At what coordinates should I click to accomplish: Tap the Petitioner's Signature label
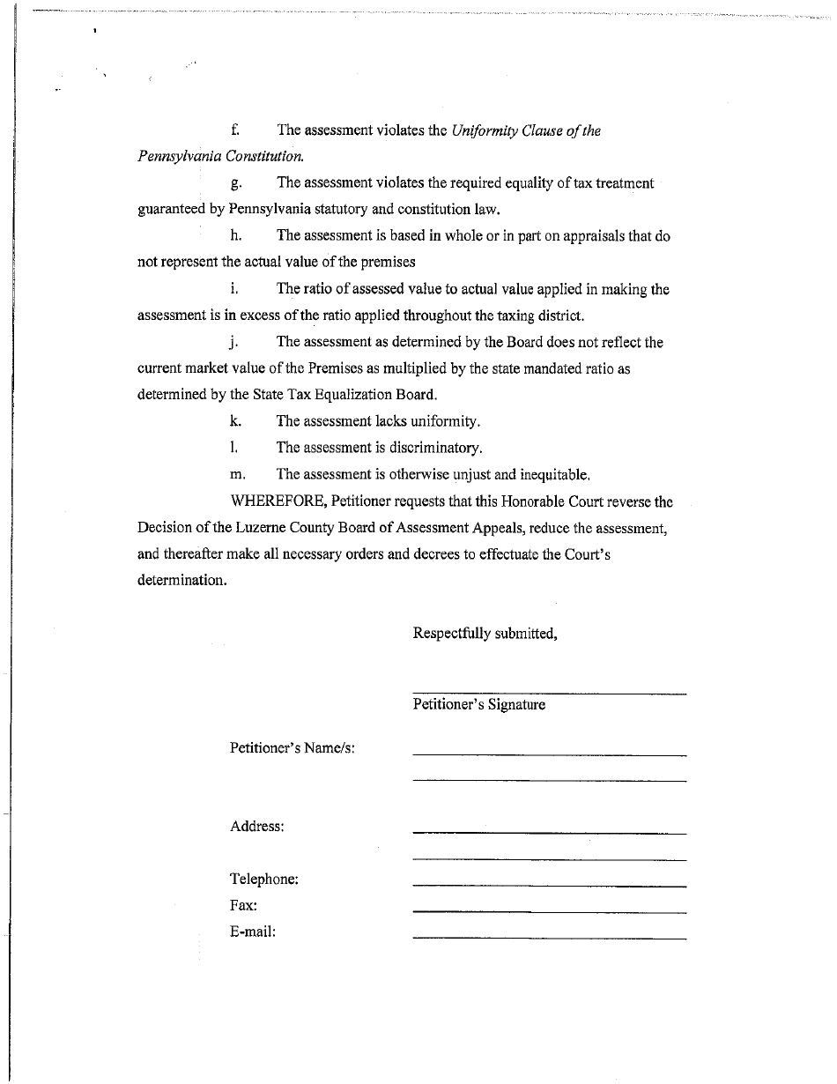(478, 705)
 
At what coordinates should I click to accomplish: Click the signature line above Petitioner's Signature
(549, 694)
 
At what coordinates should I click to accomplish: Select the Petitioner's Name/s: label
(293, 748)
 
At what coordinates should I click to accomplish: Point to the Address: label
(256, 827)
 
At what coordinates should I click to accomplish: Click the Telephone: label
(263, 880)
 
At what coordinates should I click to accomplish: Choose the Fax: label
(243, 905)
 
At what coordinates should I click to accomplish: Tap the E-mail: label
(253, 932)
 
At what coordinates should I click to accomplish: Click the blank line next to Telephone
(549, 886)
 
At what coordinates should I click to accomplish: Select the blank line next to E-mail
(549, 939)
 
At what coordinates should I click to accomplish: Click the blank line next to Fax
(549, 912)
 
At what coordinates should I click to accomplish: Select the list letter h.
(235, 235)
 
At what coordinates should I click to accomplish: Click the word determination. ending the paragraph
(181, 582)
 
